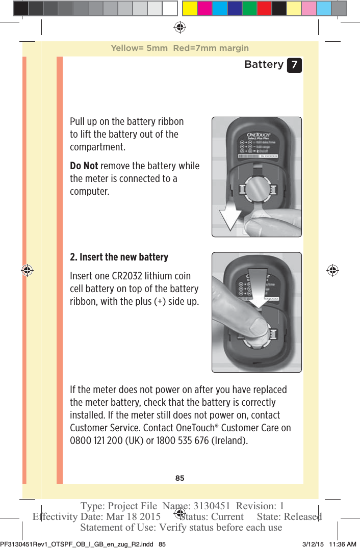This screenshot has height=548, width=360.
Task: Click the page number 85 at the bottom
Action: (x=179, y=478)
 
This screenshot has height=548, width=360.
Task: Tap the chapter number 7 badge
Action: (x=294, y=65)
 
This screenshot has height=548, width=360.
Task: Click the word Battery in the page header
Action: (x=264, y=64)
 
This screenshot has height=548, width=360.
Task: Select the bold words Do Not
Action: (x=84, y=166)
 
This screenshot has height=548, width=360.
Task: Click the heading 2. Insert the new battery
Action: (x=119, y=257)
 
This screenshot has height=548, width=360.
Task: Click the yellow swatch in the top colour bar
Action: (x=190, y=8)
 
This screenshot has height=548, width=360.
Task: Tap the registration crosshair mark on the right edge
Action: (x=332, y=270)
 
